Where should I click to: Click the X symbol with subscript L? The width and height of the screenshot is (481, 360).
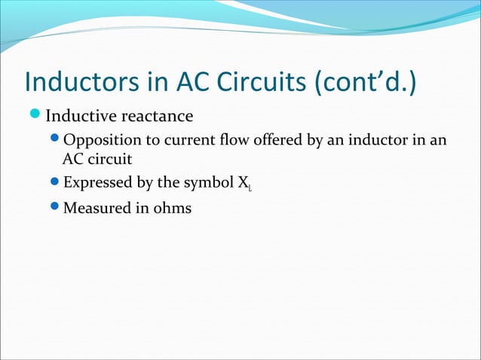pyautogui.click(x=245, y=183)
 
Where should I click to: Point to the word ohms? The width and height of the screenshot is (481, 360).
pyautogui.click(x=170, y=208)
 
